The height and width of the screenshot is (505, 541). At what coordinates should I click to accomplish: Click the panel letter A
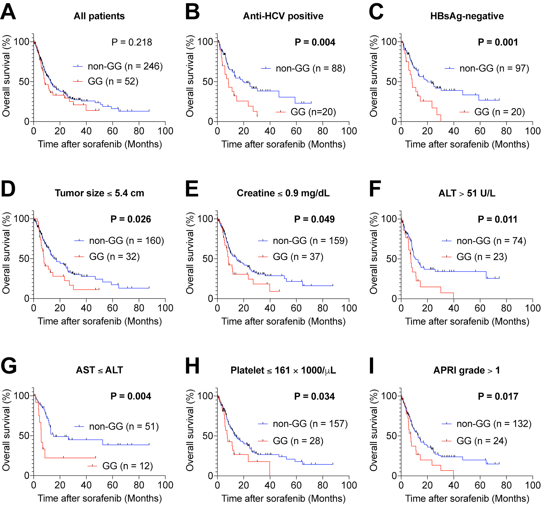8,12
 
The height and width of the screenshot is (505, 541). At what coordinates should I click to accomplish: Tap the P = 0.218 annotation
132,42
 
